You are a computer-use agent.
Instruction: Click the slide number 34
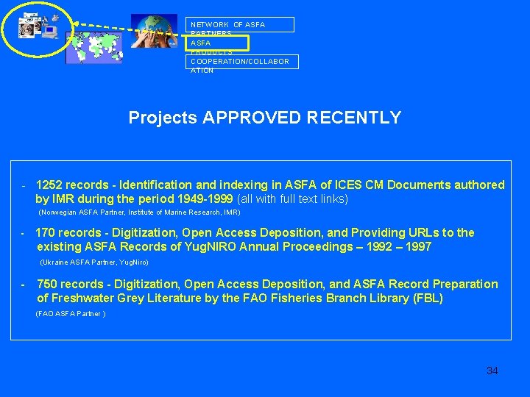[x=492, y=371]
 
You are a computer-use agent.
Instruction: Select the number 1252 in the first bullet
[x=49, y=185]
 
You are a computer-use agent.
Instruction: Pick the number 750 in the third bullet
[x=46, y=284]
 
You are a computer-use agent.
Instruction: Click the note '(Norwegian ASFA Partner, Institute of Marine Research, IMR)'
[x=139, y=212]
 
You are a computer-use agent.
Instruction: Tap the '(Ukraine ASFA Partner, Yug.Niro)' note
[x=93, y=262]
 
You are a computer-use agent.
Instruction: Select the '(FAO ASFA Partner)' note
[x=71, y=314]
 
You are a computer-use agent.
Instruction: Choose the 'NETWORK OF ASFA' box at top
[x=240, y=24]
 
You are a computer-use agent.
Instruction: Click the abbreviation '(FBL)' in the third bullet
[x=428, y=298]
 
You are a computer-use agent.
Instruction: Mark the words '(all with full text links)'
[x=292, y=198]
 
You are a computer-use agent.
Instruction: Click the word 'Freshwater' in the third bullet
[x=82, y=298]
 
